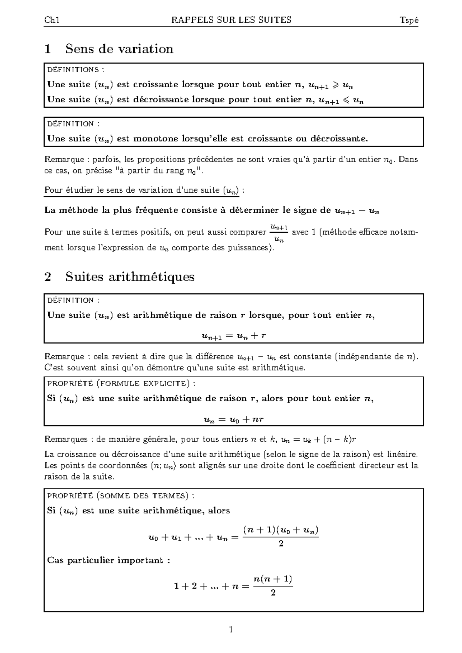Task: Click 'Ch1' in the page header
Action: tap(52, 20)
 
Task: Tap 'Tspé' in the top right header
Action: tap(409, 21)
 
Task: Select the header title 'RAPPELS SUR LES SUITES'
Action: tap(231, 20)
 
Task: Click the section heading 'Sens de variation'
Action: tap(119, 49)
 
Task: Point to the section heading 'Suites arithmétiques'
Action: tap(130, 277)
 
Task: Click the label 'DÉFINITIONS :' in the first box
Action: tap(75, 70)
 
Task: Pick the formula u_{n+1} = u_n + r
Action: tap(234, 336)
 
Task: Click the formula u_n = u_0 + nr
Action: tap(233, 419)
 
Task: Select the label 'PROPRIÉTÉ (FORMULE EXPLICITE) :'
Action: tap(121, 383)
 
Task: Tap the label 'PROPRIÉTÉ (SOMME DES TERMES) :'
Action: tap(121, 496)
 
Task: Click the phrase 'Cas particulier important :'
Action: tap(108, 560)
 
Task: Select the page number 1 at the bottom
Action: tap(231, 630)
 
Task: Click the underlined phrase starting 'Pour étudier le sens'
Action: tap(142, 190)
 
